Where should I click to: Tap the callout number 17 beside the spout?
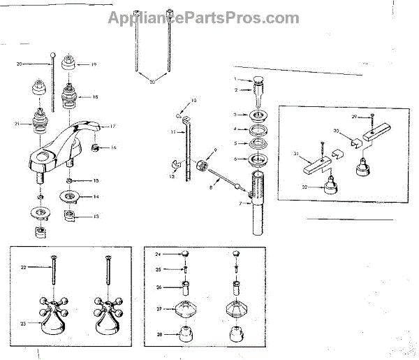pos(112,127)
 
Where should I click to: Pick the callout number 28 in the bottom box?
pos(159,335)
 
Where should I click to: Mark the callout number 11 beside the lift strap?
pos(172,131)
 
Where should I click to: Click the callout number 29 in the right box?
pos(354,115)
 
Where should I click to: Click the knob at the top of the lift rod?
pos(53,55)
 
